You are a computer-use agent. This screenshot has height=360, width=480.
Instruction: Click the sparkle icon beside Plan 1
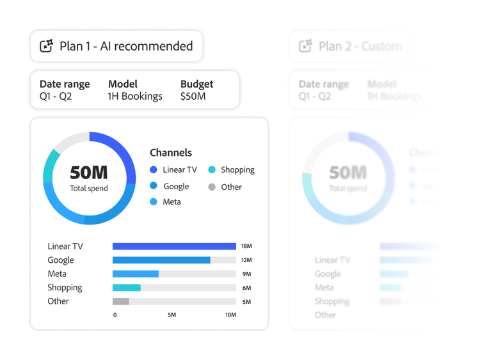pyautogui.click(x=47, y=46)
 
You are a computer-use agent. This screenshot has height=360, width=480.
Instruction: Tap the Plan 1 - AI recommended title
pyautogui.click(x=126, y=46)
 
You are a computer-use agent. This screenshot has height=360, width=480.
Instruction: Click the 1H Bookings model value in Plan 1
pyautogui.click(x=135, y=97)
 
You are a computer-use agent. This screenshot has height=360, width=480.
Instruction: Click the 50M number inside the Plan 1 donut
pyautogui.click(x=89, y=173)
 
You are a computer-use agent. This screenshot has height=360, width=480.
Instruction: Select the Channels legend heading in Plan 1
pyautogui.click(x=171, y=153)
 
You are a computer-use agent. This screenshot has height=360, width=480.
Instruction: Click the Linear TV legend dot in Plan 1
pyautogui.click(x=154, y=170)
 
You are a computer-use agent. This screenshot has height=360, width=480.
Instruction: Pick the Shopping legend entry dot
pyautogui.click(x=212, y=170)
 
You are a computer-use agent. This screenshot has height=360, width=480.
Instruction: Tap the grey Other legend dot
pyautogui.click(x=212, y=187)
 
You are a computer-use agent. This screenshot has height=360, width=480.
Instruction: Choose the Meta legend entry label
pyautogui.click(x=172, y=202)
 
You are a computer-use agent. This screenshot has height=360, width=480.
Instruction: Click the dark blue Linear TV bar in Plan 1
pyautogui.click(x=174, y=246)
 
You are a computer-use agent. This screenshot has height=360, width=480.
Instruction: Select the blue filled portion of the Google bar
pyautogui.click(x=161, y=260)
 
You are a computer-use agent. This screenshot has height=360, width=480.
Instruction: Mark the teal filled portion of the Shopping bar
pyautogui.click(x=126, y=288)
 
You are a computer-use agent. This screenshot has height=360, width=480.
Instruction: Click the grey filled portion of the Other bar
pyautogui.click(x=120, y=301)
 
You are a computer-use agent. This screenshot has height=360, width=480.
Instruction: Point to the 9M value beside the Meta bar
pyautogui.click(x=246, y=274)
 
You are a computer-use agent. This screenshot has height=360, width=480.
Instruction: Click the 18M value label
pyautogui.click(x=246, y=247)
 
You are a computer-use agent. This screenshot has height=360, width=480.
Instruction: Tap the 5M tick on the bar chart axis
pyautogui.click(x=172, y=315)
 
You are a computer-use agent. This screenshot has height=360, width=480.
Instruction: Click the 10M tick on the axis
pyautogui.click(x=230, y=315)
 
